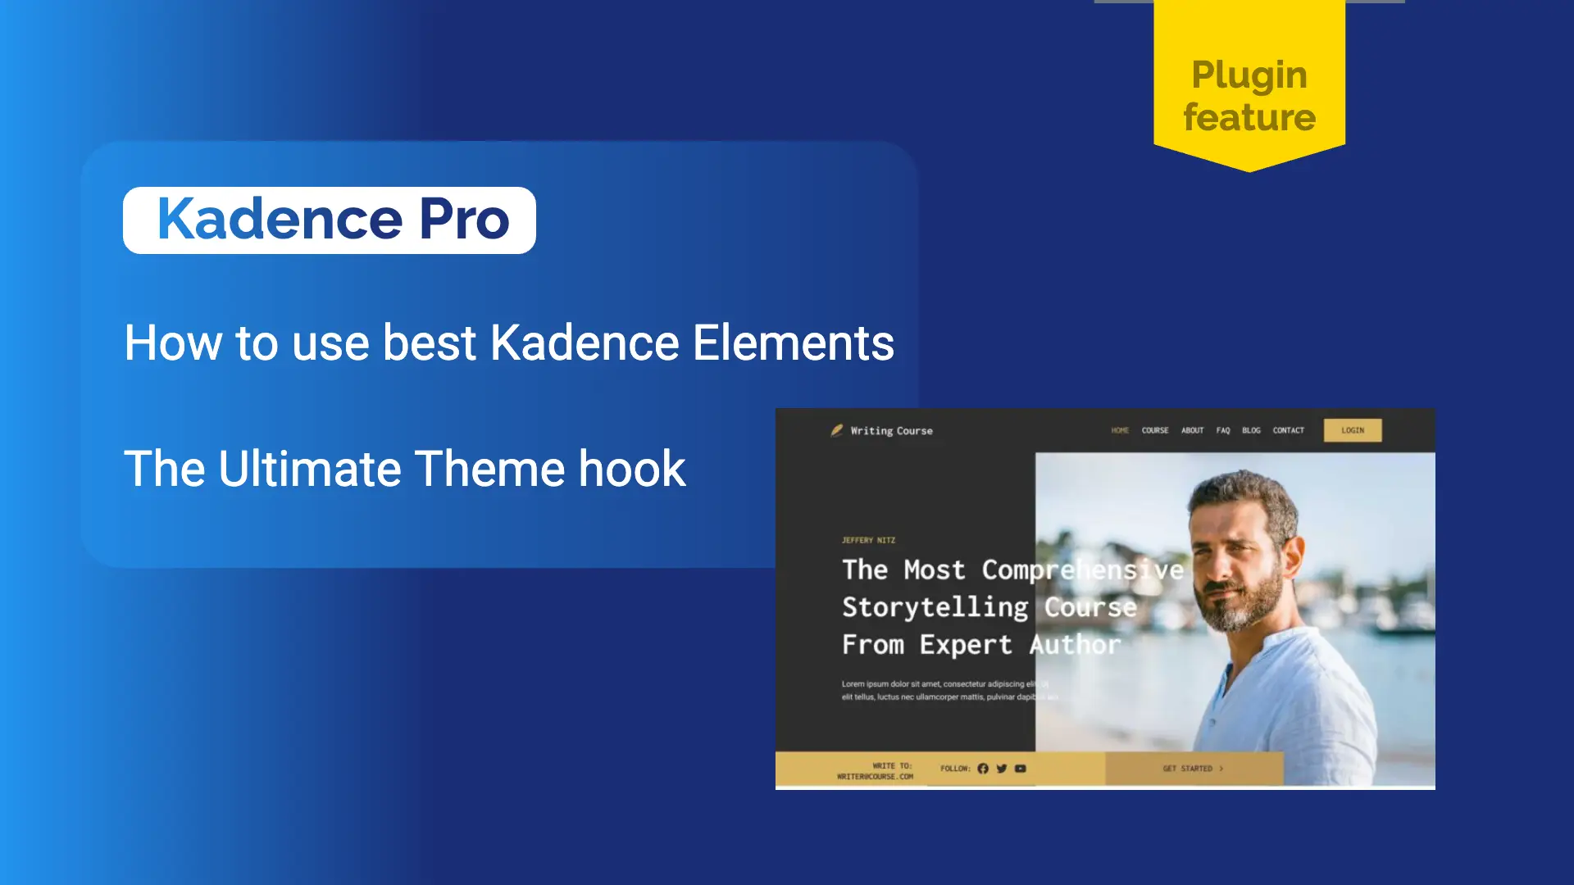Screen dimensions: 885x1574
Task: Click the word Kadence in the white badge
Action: [280, 220]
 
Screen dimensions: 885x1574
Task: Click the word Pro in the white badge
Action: [464, 220]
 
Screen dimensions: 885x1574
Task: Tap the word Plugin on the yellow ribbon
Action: [1249, 75]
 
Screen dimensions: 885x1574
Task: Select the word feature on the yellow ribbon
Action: [1249, 117]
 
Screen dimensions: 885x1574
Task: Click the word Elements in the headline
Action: [793, 343]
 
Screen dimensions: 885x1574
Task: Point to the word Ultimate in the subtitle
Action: [310, 469]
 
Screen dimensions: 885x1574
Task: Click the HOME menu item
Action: [1120, 430]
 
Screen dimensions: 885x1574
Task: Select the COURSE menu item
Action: [1154, 430]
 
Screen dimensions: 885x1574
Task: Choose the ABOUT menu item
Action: [1192, 430]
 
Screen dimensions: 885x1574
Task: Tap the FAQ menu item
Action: [1222, 430]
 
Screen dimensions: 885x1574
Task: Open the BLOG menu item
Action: [1251, 430]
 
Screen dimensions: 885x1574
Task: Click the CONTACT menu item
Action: [1288, 430]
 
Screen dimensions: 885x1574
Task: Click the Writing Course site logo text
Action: [891, 431]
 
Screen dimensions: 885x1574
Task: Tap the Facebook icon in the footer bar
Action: [983, 769]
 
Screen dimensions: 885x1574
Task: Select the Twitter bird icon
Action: [1001, 769]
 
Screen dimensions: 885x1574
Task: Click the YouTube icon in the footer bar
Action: [1020, 769]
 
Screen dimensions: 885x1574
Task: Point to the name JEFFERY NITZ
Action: [868, 540]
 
